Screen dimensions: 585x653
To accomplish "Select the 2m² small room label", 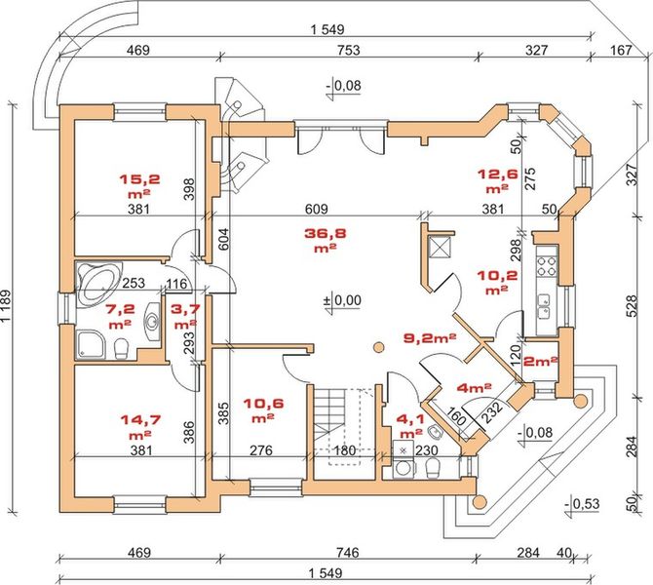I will click(539, 361).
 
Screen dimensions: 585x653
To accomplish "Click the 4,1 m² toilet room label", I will click(410, 426).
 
